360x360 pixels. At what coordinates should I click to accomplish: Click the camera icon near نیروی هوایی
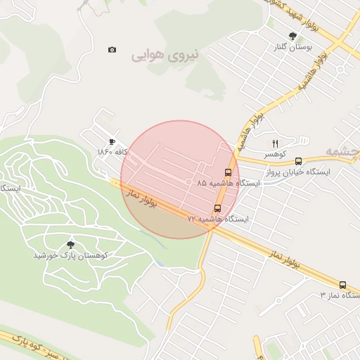point(112,50)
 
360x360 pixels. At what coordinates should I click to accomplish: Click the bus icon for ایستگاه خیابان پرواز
point(299,161)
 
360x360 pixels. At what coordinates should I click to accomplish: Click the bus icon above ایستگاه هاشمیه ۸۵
point(228,172)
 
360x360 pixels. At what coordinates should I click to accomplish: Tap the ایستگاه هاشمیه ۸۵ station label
point(229,183)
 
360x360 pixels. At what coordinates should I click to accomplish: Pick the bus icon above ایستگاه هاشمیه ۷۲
point(217,209)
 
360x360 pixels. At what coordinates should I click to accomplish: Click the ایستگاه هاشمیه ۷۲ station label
point(217,219)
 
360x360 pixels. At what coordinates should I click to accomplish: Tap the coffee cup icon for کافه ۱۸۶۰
point(112,141)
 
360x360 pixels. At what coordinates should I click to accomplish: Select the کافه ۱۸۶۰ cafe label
point(112,152)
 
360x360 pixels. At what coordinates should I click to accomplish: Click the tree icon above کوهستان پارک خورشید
point(70,244)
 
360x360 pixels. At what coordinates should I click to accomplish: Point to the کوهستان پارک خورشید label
point(70,255)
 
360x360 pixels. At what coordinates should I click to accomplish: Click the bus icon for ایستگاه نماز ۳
point(342,285)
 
